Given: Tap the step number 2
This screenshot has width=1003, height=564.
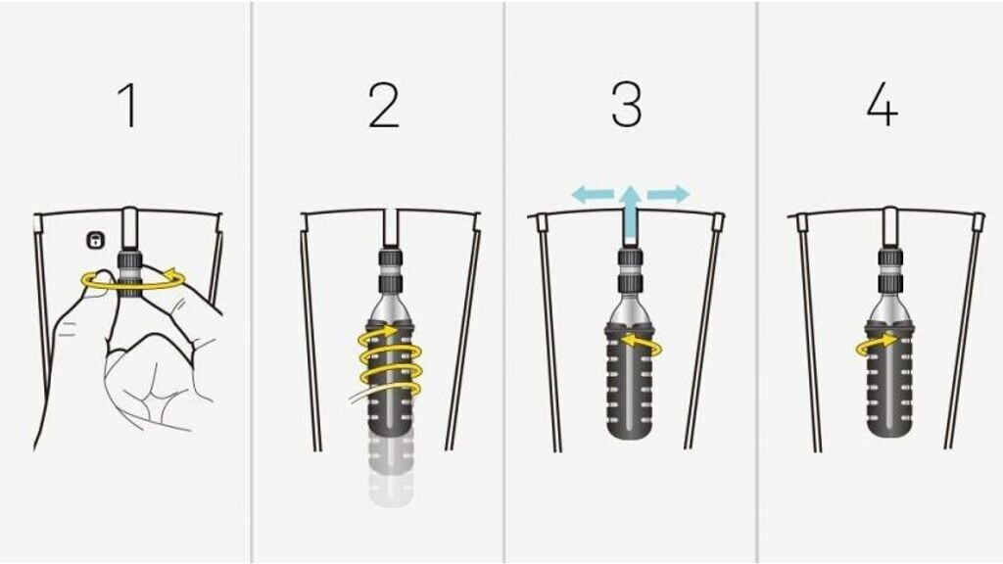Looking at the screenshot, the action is point(384,106).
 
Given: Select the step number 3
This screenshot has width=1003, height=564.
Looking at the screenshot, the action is point(626,106).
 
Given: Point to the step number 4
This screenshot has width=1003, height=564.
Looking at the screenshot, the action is point(883,106).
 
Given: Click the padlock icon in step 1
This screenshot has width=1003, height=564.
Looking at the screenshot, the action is point(95,241).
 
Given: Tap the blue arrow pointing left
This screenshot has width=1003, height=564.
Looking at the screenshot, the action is point(593,195).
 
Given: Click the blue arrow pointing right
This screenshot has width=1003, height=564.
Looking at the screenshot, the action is point(668,195).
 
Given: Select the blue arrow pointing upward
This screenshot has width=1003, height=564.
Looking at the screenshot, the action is point(631,214).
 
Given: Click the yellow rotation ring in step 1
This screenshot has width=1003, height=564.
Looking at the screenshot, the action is point(133,280).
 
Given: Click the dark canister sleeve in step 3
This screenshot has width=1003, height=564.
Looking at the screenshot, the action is point(631,383).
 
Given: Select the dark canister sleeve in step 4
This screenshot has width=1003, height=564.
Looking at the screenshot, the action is point(889,383).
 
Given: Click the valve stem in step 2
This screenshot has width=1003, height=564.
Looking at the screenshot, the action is point(391,228).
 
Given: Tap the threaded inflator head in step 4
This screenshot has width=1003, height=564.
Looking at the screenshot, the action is point(889,272).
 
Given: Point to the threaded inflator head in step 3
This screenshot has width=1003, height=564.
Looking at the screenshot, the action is point(631,272).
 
